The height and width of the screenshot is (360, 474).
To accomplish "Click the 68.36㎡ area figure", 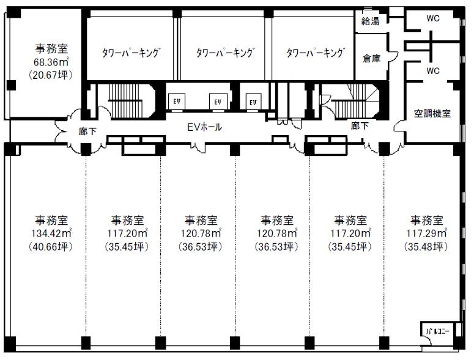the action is coord(51,62).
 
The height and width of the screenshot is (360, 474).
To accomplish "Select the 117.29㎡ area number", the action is coord(426,233).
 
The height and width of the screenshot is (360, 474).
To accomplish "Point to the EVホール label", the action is coord(204,128).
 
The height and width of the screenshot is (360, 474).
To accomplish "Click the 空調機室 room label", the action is coord(432,113).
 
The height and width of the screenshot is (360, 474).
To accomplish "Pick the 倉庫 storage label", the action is coord(371,59).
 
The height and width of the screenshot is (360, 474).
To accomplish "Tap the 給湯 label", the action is coord(370,21).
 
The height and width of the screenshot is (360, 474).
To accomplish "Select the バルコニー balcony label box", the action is coord(437,332).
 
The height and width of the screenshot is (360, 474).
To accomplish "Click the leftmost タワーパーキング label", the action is coord(131,53).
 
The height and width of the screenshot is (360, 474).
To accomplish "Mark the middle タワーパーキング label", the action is coord(224,53).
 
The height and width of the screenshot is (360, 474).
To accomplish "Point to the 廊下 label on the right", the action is coord(360,126).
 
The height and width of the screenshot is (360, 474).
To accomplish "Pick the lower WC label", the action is coord(433,71).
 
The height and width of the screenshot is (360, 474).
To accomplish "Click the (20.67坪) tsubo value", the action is coord(51,75).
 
